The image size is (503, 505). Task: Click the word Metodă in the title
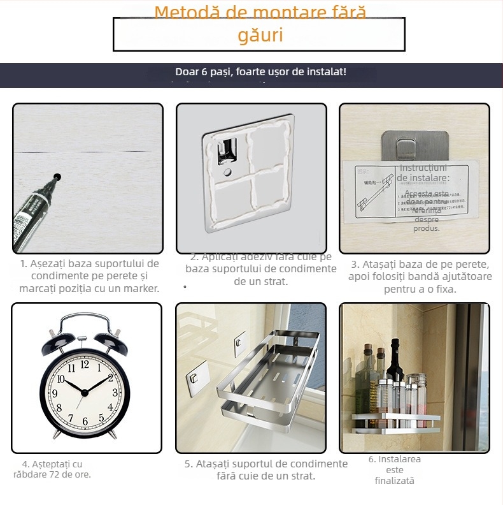coord(185,13)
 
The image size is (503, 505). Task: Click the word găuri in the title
coord(260,35)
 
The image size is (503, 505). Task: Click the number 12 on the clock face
coord(85,365)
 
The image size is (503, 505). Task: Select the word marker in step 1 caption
coord(139,288)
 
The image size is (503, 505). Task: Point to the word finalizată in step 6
coord(394,481)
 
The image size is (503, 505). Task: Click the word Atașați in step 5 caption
coord(215,464)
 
